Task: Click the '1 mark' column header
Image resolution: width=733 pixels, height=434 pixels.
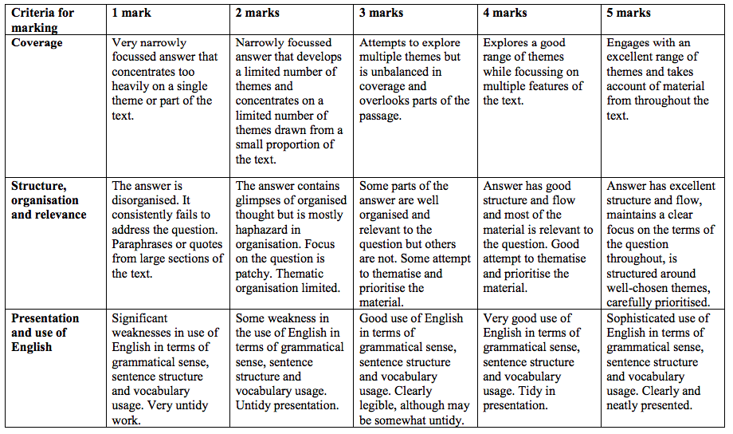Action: (x=132, y=14)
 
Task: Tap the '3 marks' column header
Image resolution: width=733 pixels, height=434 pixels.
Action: (x=381, y=14)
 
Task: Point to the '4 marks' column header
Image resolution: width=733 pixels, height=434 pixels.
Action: (x=505, y=14)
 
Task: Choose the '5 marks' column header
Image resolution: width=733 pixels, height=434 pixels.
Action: (x=629, y=14)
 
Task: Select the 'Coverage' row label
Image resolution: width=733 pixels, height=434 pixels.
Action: (x=37, y=42)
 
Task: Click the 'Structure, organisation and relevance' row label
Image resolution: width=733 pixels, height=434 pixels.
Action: (x=45, y=200)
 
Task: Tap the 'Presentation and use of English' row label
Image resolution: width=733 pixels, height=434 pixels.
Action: (x=45, y=332)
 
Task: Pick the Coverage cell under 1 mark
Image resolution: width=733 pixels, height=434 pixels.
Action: (x=163, y=79)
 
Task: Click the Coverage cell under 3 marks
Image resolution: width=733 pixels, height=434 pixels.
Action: (x=414, y=79)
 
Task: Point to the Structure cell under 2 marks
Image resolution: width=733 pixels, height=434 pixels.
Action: (x=291, y=237)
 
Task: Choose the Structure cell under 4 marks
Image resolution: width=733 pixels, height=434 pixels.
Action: (x=538, y=237)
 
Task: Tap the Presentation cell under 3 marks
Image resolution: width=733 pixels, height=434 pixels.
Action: (x=414, y=369)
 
